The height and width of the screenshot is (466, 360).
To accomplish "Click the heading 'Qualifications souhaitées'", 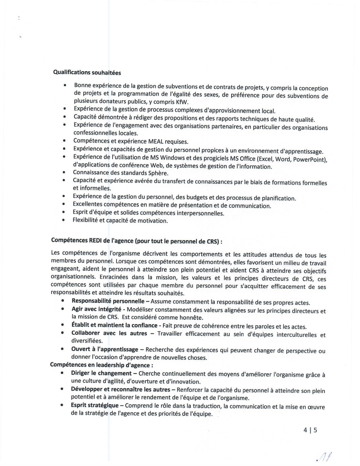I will tap(87, 72).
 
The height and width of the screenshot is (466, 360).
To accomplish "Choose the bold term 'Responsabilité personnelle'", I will tap(108, 301).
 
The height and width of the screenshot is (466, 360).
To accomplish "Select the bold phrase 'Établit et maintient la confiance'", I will tap(114, 325).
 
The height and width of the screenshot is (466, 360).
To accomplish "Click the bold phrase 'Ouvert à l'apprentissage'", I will tap(104, 349).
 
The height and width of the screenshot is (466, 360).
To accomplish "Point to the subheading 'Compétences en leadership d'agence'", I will tap(101, 365).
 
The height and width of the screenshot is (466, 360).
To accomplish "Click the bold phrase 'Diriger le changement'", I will tap(101, 373).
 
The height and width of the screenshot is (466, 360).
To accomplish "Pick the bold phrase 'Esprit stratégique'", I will tap(95, 405).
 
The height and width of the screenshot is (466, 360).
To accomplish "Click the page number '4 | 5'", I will tap(310, 430).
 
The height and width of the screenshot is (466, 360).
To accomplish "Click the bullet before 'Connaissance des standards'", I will tap(64, 173).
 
